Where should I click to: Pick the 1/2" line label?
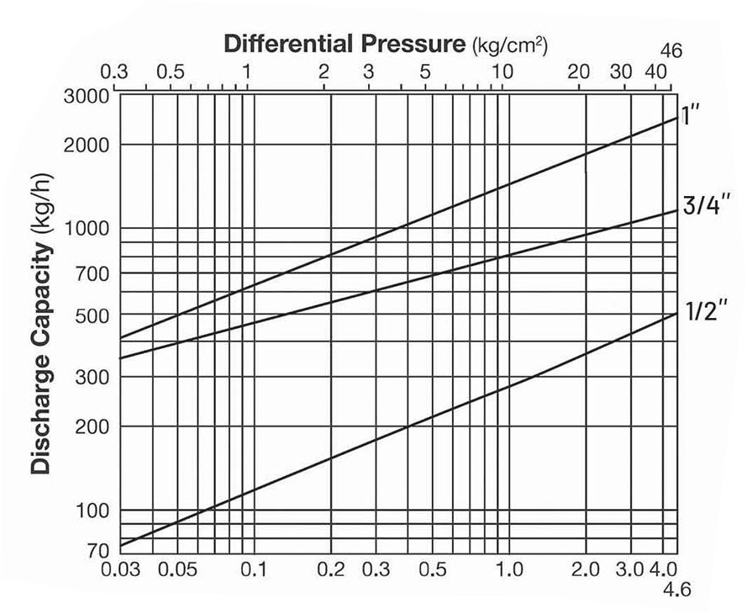[699, 312]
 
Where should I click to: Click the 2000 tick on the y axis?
[87, 145]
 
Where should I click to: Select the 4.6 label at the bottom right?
[676, 590]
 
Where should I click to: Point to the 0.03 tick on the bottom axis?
[120, 570]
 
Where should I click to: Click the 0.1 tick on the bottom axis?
[254, 570]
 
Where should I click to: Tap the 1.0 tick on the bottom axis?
[509, 570]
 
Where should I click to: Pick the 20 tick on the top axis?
[578, 72]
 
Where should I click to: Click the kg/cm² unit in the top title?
[513, 44]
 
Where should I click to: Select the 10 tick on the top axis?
[502, 72]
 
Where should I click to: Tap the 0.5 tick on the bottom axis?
[432, 570]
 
